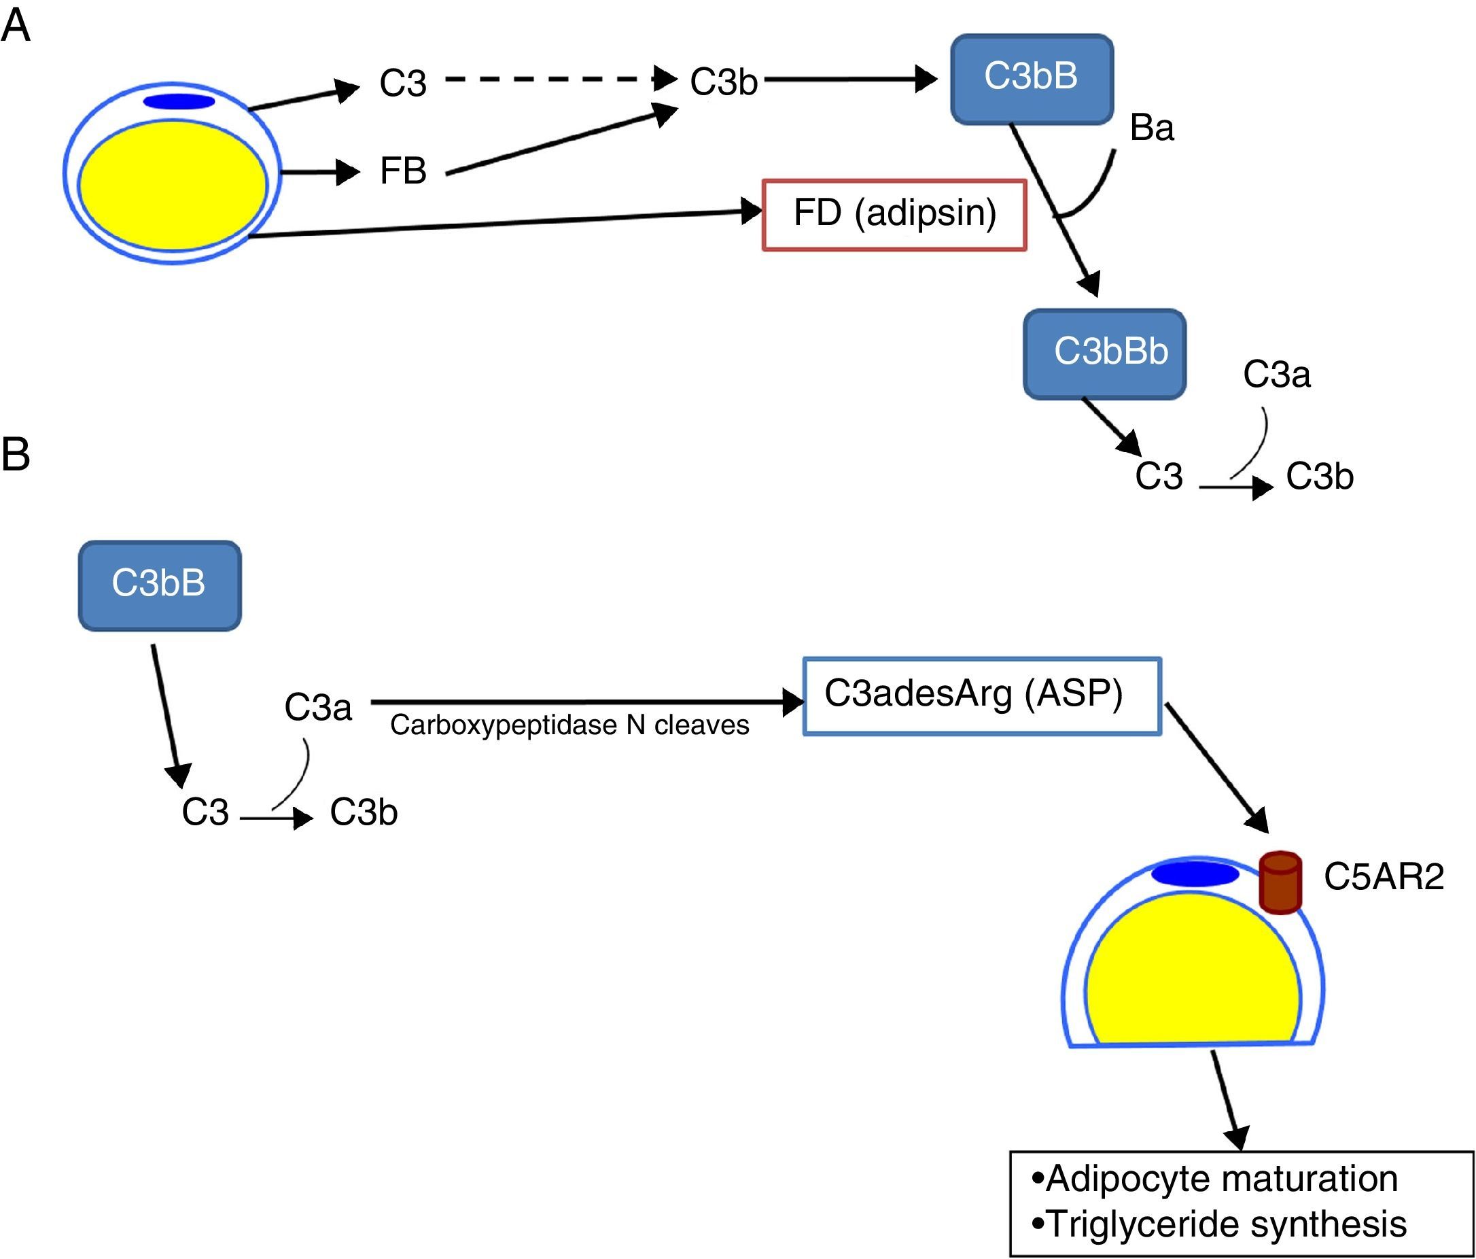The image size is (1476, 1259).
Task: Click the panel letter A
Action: [x=16, y=27]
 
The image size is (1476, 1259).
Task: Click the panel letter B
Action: [x=16, y=454]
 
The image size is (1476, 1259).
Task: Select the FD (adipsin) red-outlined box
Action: [x=894, y=214]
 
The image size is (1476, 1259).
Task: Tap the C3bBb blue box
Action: [x=1104, y=353]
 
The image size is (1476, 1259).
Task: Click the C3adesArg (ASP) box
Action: [x=982, y=695]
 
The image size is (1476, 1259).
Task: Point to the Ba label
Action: [x=1151, y=128]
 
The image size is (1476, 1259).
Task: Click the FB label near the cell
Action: [x=402, y=171]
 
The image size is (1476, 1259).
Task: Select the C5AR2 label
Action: [x=1384, y=877]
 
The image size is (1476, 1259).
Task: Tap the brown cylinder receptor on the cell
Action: [x=1280, y=882]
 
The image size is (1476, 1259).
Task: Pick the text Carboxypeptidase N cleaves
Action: [x=569, y=725]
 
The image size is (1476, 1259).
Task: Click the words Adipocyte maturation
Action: [x=1221, y=1179]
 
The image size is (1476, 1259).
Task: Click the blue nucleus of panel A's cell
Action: [x=179, y=102]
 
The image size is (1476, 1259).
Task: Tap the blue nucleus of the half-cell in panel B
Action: [x=1195, y=874]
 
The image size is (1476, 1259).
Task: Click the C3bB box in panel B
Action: [x=160, y=585]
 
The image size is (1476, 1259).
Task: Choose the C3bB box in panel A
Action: [x=1032, y=78]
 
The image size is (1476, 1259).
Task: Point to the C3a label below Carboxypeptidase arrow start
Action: [x=318, y=708]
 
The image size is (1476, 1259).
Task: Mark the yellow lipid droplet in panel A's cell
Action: [x=173, y=186]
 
